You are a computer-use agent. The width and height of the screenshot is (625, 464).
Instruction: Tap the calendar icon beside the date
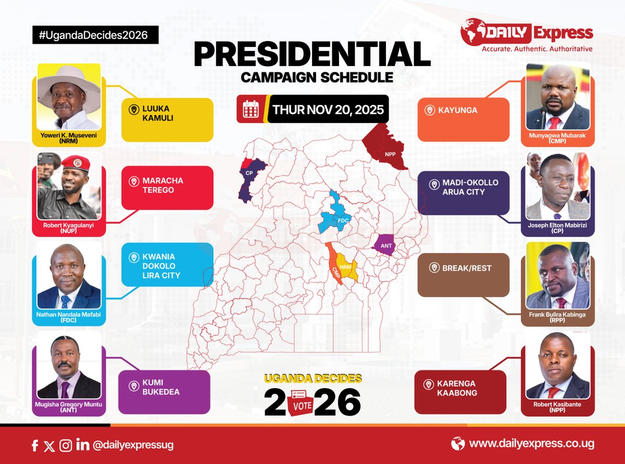pyautogui.click(x=251, y=109)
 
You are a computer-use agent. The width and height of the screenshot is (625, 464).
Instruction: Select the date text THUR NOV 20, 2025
pyautogui.click(x=328, y=110)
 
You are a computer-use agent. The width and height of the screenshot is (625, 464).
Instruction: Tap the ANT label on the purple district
pyautogui.click(x=386, y=245)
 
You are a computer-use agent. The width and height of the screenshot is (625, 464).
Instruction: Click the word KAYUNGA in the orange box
pyautogui.click(x=458, y=110)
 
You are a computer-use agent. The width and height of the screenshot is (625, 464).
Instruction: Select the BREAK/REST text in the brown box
pyautogui.click(x=467, y=268)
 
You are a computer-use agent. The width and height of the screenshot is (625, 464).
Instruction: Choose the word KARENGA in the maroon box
pyautogui.click(x=459, y=383)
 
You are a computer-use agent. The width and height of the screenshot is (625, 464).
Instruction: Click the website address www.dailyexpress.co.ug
pyautogui.click(x=531, y=444)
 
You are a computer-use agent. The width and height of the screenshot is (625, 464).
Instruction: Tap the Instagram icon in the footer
pyautogui.click(x=66, y=445)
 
